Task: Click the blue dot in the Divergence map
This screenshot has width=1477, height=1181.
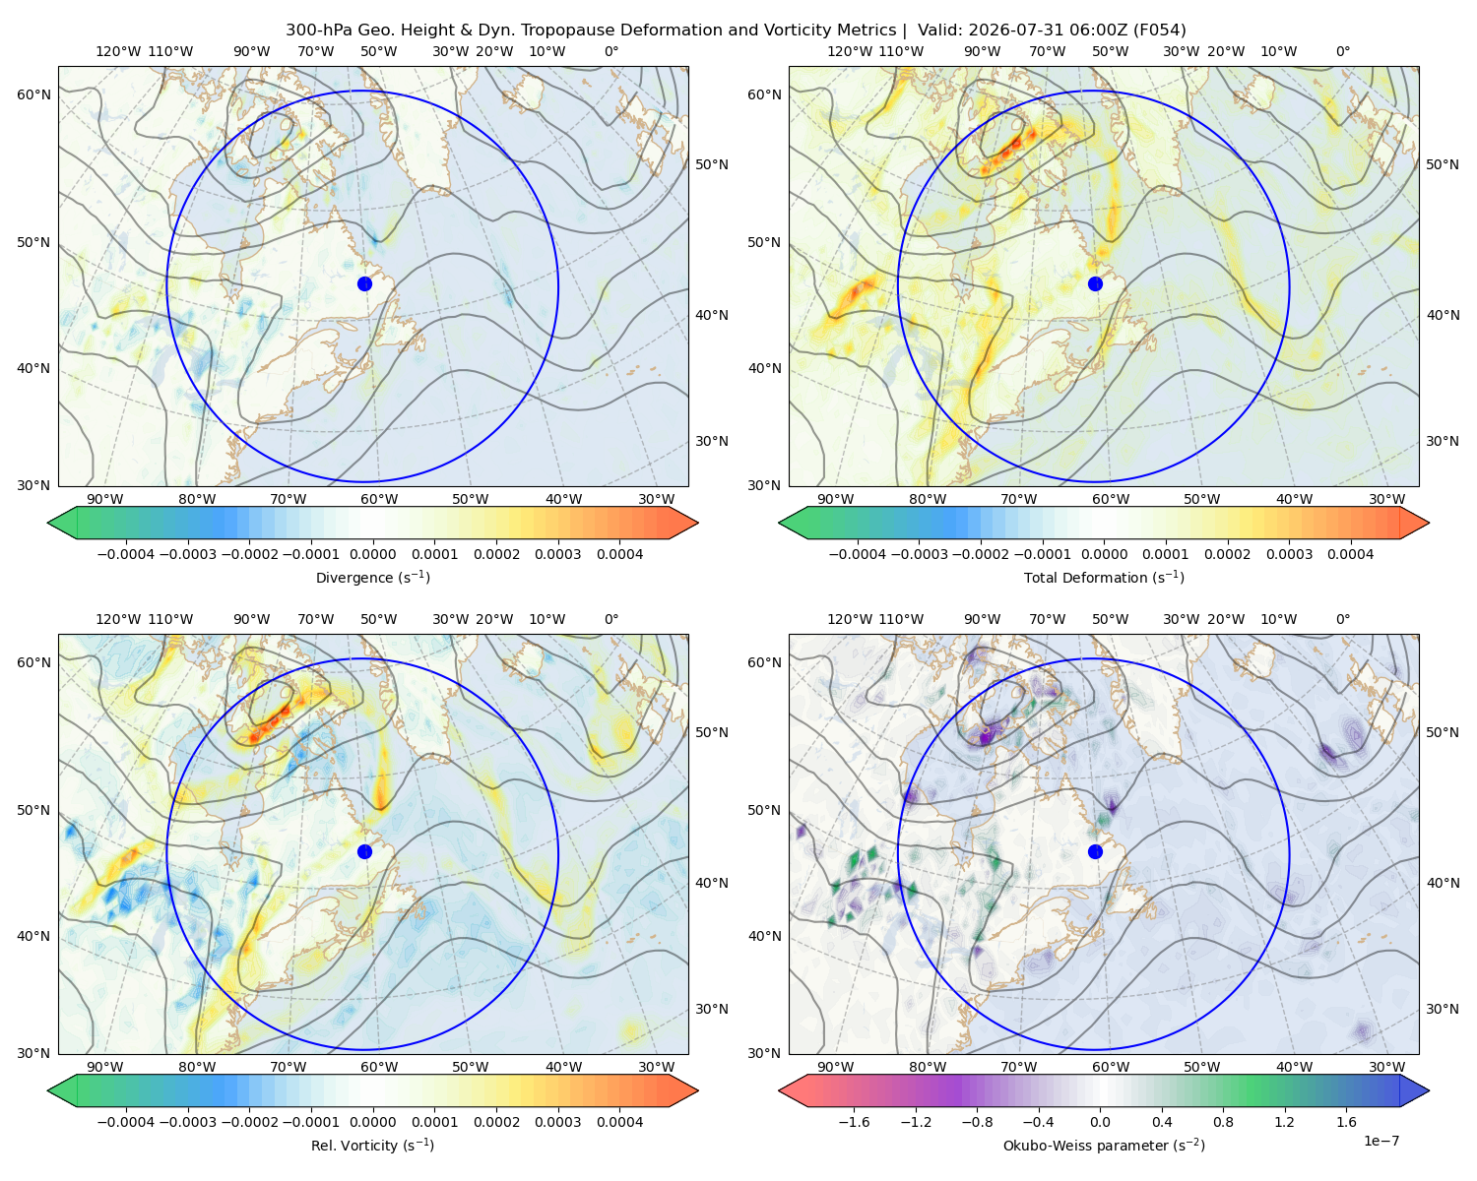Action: [364, 283]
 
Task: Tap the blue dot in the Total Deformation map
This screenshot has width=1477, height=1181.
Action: [1095, 283]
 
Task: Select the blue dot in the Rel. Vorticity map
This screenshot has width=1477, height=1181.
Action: [364, 851]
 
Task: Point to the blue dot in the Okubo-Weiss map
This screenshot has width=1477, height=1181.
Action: [1095, 851]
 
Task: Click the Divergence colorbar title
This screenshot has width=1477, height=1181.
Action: [372, 578]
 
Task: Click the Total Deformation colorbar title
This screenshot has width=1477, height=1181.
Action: [1104, 578]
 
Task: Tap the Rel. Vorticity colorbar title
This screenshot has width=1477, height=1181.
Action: [372, 1146]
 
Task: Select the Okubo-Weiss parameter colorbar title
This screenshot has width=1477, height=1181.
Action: [1104, 1146]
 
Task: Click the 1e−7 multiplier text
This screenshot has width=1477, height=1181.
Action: [1381, 1141]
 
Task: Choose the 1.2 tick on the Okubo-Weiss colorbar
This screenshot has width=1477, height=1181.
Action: [1284, 1122]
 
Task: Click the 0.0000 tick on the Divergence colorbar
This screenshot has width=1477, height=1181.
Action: [372, 554]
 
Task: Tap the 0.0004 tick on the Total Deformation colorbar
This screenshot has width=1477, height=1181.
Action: [1350, 554]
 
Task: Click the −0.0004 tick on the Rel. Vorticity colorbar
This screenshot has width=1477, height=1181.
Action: [126, 1122]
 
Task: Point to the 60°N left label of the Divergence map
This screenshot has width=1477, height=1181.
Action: [33, 94]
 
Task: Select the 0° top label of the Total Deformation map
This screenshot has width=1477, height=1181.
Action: [1342, 51]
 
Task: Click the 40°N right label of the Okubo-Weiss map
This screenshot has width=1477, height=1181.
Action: [1443, 883]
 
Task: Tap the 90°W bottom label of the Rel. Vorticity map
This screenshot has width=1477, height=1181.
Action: [105, 1067]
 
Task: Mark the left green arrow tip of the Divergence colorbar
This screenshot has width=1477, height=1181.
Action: [47, 523]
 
